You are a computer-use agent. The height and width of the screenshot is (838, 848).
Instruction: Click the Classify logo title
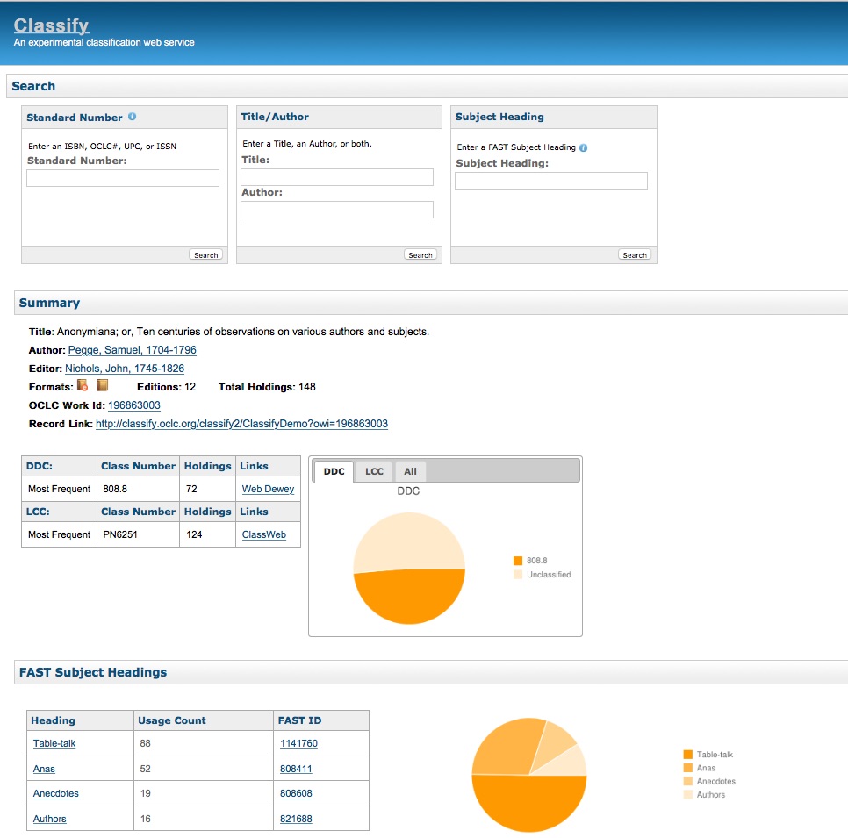tap(51, 25)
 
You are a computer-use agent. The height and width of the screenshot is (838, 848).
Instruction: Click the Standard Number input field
tap(123, 178)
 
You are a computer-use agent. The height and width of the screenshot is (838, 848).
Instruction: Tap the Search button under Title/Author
tap(420, 255)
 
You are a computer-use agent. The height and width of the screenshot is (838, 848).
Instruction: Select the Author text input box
tap(337, 210)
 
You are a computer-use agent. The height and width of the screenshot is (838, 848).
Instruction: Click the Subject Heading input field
tap(550, 181)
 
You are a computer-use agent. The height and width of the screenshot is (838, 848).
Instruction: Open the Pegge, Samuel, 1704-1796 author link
tap(132, 350)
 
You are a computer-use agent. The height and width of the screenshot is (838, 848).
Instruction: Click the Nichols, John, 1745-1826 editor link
tap(125, 369)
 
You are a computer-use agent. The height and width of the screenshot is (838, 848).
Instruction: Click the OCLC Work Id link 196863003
tap(134, 405)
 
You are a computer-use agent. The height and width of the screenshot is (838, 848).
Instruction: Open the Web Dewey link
tap(268, 489)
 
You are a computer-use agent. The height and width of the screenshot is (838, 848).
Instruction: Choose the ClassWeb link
tap(263, 534)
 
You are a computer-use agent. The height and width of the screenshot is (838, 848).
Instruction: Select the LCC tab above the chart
tap(374, 471)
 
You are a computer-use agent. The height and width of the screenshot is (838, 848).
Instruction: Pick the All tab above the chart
tap(410, 471)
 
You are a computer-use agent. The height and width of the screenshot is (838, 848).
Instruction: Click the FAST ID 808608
tap(296, 793)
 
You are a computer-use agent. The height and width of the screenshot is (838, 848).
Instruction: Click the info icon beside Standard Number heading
tap(132, 116)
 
